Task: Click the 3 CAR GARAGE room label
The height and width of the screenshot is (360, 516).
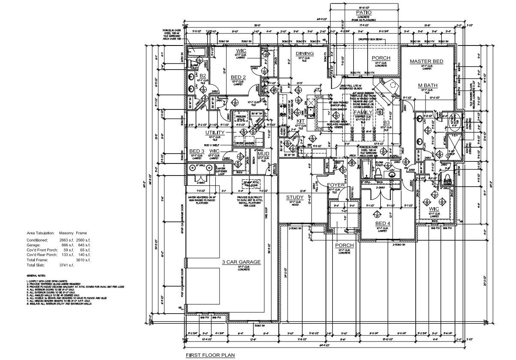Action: (x=241, y=262)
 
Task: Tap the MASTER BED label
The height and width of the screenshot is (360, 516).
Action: (x=426, y=62)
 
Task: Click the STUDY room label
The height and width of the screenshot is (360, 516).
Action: (x=295, y=197)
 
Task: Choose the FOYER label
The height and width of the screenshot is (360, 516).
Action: (x=336, y=185)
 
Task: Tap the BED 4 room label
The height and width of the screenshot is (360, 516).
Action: (x=383, y=224)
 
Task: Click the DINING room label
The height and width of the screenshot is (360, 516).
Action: (x=305, y=54)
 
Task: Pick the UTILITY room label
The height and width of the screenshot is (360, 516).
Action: (x=215, y=133)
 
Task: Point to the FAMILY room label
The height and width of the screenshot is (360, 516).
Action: (x=363, y=112)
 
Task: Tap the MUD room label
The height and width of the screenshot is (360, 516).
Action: (x=263, y=154)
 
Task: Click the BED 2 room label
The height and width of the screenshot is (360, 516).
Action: (x=238, y=77)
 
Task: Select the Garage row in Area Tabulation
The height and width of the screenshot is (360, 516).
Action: (x=58, y=245)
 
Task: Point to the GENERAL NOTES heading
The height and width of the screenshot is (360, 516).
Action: (x=36, y=275)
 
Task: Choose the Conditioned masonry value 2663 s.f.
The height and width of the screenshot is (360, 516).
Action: (x=66, y=240)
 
